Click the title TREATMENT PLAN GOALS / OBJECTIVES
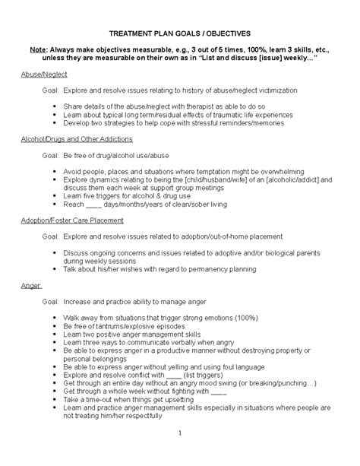179,35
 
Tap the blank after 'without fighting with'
217,392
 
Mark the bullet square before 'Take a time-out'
55,400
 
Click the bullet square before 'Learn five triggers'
55,195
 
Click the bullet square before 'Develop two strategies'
55,123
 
